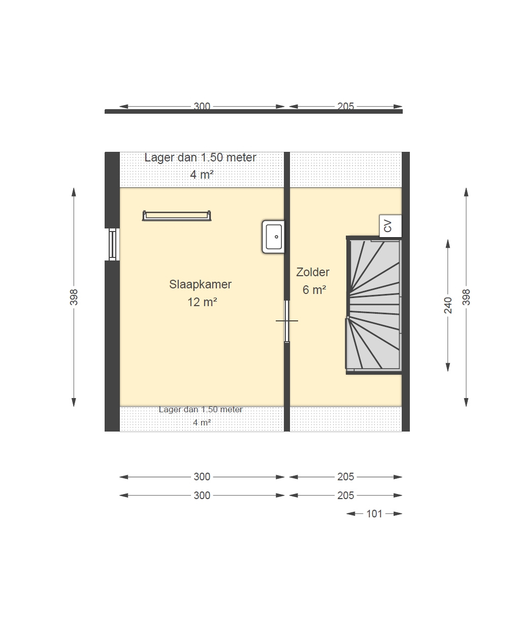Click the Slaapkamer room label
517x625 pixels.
pos(200,284)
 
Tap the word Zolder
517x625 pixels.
pos(312,272)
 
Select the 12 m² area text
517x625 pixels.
pos(202,302)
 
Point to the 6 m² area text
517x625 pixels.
pos(314,290)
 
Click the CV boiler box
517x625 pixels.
pos(391,226)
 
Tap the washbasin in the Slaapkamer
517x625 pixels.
pos(273,237)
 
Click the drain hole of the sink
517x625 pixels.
pos(276,237)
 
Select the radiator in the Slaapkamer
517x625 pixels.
pos(177,216)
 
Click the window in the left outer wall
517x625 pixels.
pos(112,244)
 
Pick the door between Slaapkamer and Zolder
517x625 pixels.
pos(287,321)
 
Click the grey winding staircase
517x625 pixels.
pos(374,305)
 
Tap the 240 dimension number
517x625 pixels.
pos(448,305)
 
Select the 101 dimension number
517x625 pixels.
pos(374,514)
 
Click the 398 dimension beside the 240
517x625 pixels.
pos(466,297)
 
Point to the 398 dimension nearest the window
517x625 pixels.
pos(74,297)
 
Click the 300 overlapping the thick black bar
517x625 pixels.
pos(202,106)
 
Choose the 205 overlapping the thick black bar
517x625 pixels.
pos(345,106)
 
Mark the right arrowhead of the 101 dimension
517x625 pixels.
pos(398,514)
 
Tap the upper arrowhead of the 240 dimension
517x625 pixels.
pos(448,244)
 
